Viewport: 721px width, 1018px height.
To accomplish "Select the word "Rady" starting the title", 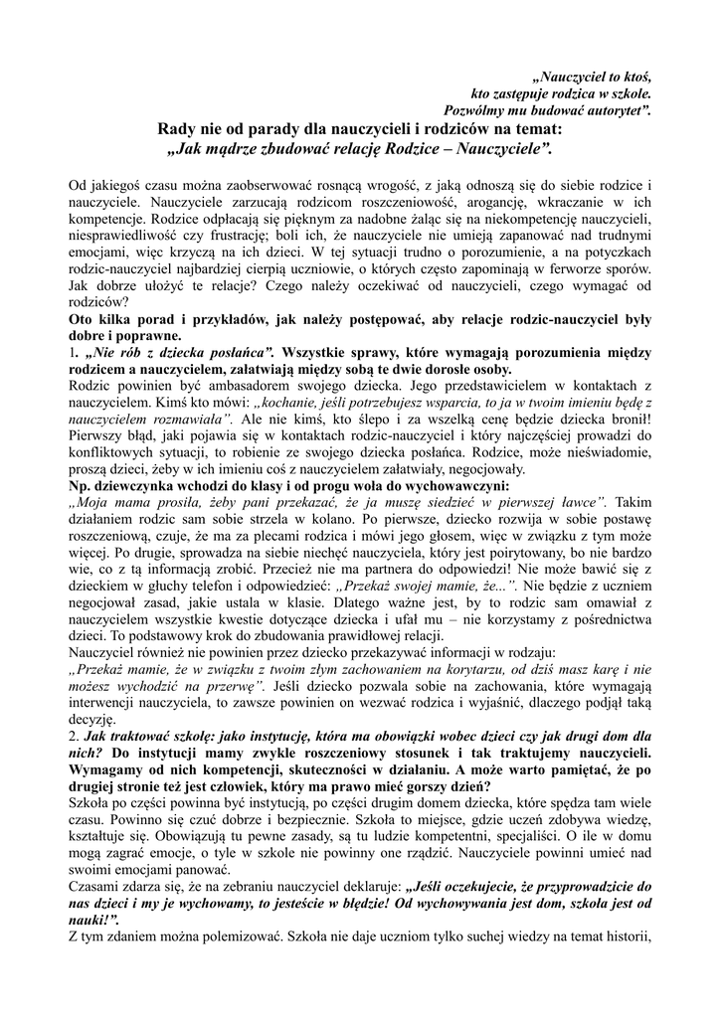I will coord(180,128).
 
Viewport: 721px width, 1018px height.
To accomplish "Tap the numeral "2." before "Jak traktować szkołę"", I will coord(74,737).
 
